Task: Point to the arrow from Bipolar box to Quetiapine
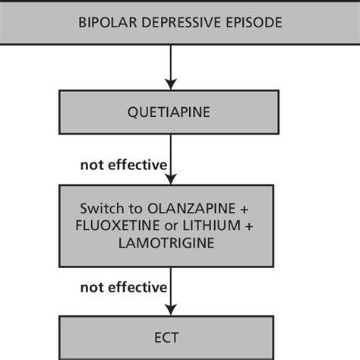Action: pos(170,65)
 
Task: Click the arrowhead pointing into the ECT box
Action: pos(170,309)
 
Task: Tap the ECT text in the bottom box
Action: pos(170,336)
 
